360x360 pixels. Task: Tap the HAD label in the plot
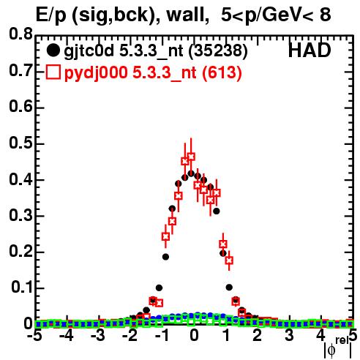coord(310,50)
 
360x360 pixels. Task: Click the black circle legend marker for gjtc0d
coord(53,50)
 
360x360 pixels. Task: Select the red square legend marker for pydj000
coord(53,72)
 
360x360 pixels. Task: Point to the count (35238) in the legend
coord(219,51)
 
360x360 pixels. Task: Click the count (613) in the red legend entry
coord(222,72)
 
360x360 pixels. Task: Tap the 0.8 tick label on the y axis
coord(20,34)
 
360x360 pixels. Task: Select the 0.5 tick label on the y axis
coord(20,143)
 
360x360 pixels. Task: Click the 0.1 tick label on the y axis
coord(22,287)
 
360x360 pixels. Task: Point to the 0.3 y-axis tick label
coord(20,215)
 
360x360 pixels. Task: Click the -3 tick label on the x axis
coord(98,336)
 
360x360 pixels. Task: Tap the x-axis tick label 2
coord(258,336)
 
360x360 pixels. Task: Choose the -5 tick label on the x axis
coord(34,336)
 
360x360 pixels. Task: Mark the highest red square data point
coord(191,157)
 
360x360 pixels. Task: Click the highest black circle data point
coord(191,173)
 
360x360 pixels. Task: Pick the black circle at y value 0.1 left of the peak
coord(159,288)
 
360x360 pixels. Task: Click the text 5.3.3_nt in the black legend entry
coord(151,51)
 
